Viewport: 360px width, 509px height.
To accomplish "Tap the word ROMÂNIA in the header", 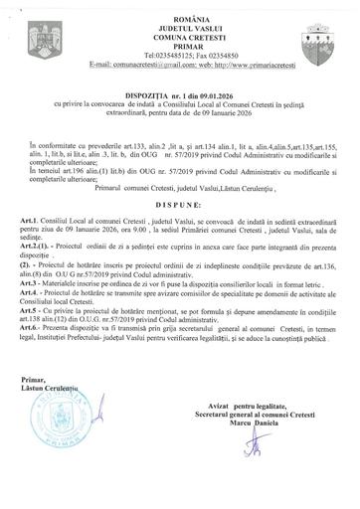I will click(179, 7).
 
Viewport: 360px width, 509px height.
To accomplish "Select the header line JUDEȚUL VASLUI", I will click(179, 16).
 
